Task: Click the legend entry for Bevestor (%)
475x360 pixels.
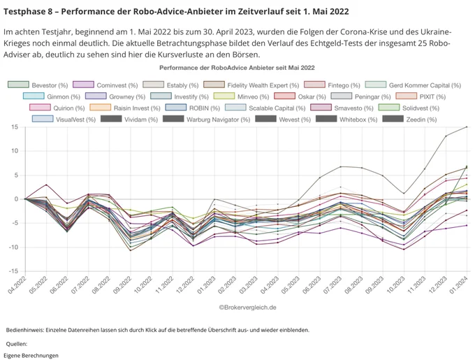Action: [38, 85]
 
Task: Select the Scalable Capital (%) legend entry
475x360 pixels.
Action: [265, 108]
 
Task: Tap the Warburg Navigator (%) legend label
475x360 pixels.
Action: [218, 120]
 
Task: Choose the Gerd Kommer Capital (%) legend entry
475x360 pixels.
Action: [414, 85]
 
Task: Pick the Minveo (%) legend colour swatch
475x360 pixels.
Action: [224, 96]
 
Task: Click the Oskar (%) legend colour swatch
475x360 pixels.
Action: [284, 96]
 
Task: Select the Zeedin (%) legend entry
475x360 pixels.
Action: [409, 120]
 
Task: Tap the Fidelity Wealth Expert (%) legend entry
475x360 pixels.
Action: [251, 85]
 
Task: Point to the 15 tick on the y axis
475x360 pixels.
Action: [14, 127]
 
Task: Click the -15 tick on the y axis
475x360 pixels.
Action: [13, 271]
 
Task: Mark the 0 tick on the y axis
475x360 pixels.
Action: [16, 199]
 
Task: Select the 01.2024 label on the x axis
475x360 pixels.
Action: [460, 285]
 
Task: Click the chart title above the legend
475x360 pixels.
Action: [237, 68]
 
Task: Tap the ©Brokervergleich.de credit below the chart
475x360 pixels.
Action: [247, 308]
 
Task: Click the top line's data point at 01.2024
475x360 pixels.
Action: [467, 127]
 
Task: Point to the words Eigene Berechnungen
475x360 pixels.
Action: [31, 355]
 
